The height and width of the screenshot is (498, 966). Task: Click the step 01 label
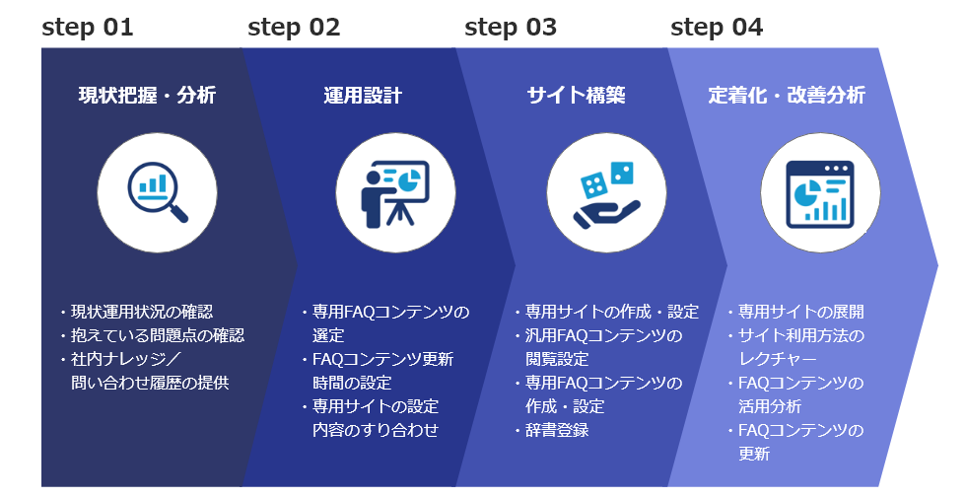point(88,28)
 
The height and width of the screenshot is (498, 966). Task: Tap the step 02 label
point(294,28)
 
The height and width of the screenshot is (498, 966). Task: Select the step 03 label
point(511,28)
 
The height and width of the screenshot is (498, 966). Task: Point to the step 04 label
point(717,28)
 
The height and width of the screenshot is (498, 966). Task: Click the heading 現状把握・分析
point(147,96)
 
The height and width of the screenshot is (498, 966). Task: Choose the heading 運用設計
point(363,96)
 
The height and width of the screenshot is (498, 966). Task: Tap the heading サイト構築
point(576,96)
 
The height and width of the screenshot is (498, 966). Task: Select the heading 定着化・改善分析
point(787,96)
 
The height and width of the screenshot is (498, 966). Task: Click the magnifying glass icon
point(158,191)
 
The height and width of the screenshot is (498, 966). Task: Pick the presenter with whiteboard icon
point(395,193)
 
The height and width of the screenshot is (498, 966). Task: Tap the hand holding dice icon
point(604,195)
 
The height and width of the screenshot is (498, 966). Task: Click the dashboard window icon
point(820,193)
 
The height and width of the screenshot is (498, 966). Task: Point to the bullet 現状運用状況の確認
point(137,312)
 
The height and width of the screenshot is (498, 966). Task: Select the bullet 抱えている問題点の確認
point(153,335)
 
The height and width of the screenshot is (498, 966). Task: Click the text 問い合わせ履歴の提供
point(150,383)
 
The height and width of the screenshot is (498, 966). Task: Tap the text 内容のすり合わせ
point(376,430)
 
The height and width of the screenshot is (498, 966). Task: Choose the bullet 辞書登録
point(552,430)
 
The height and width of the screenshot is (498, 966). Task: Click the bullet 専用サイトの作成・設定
point(607,312)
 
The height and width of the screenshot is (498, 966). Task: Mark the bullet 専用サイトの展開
point(796,312)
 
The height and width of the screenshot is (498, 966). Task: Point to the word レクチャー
point(778,359)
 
